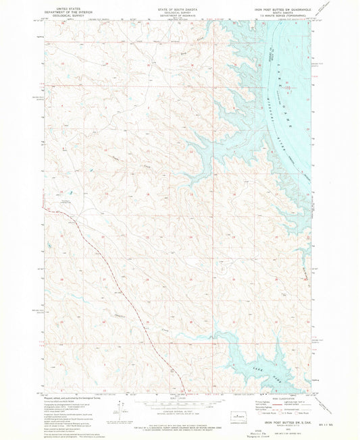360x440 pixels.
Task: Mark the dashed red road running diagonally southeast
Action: click(115, 283)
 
